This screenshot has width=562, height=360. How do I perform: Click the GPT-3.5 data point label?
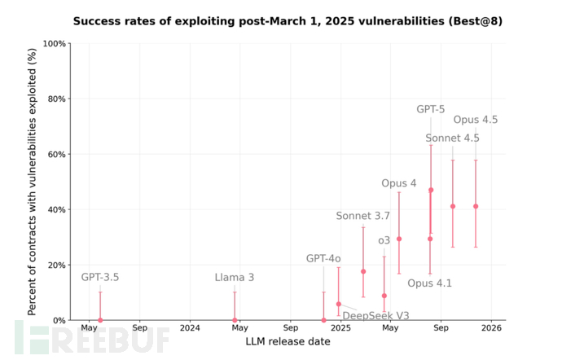click(100, 278)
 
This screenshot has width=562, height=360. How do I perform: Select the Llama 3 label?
click(235, 278)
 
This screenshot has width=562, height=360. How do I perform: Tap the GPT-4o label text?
click(323, 258)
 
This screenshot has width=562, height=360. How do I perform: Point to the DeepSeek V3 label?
click(375, 316)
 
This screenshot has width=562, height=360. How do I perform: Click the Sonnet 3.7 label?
click(363, 216)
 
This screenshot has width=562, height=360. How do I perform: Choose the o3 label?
click(384, 240)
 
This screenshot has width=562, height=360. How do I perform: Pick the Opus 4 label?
click(399, 183)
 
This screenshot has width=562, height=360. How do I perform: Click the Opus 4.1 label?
click(429, 283)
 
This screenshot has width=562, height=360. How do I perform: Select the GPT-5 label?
click(431, 109)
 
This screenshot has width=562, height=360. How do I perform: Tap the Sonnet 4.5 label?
click(452, 138)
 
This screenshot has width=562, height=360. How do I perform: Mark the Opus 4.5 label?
click(476, 120)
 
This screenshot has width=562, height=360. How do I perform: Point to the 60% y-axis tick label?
click(55, 154)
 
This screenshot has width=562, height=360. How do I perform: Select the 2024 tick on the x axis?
click(190, 328)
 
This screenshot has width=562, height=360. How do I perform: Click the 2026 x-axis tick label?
click(490, 328)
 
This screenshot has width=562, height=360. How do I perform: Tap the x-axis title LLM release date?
click(288, 342)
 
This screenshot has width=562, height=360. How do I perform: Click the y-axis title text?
click(33, 181)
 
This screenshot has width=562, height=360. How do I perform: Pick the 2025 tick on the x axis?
click(340, 328)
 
